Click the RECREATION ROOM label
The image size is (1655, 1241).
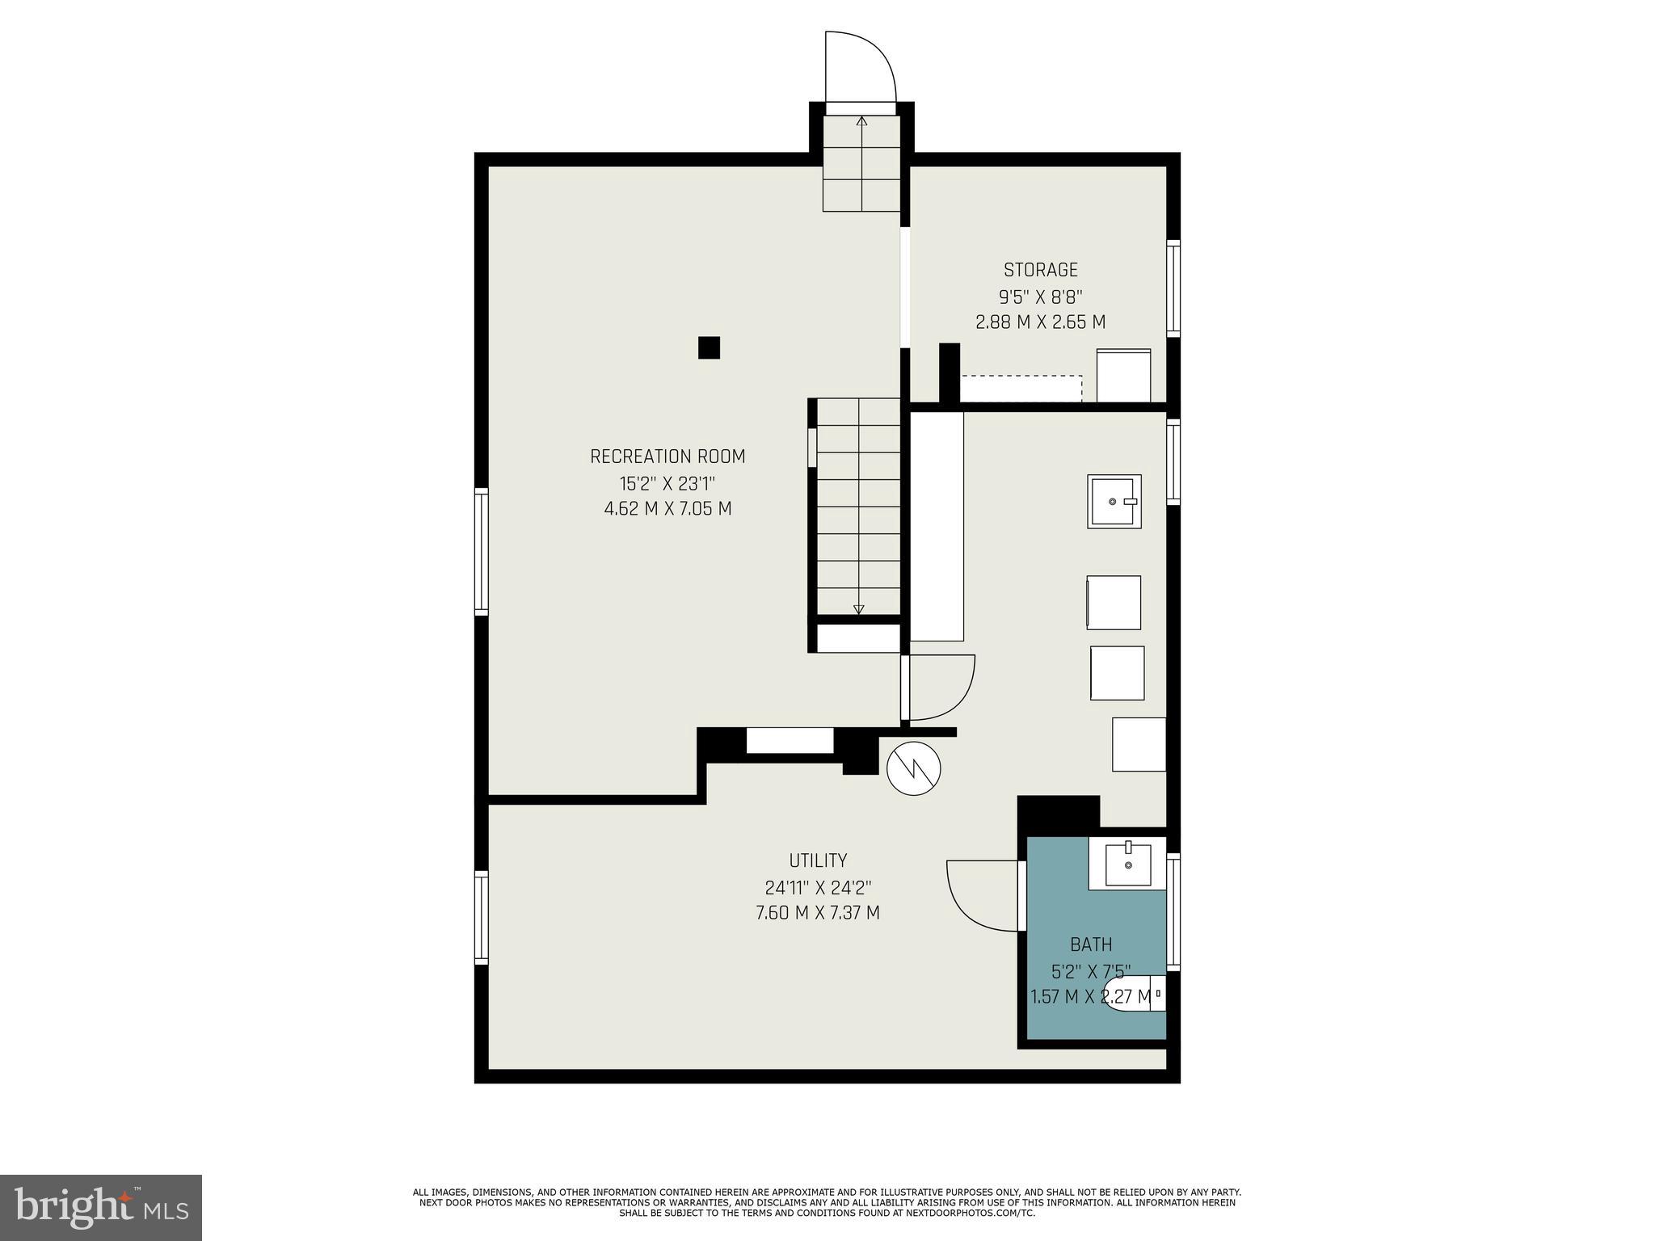[x=667, y=456]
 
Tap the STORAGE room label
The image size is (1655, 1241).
[x=1040, y=270]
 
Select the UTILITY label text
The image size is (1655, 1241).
[x=818, y=860]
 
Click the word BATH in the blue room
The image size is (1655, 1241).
[x=1091, y=944]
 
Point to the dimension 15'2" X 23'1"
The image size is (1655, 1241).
[x=667, y=484]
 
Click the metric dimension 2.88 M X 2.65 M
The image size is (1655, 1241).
[x=1040, y=322]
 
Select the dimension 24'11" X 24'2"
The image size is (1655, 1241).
[x=818, y=888]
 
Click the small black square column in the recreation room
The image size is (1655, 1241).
[x=709, y=347]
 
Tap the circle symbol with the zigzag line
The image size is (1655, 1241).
[x=914, y=768]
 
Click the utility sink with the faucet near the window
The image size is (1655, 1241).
[x=1114, y=502]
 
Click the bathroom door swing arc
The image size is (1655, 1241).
[x=980, y=896]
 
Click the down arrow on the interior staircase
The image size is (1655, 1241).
[x=858, y=609]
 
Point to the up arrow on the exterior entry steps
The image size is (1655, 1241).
[x=861, y=122]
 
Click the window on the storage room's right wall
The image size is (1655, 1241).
[x=1173, y=288]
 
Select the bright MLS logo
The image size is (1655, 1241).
[x=101, y=1207]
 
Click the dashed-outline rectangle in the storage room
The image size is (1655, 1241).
[x=1021, y=388]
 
